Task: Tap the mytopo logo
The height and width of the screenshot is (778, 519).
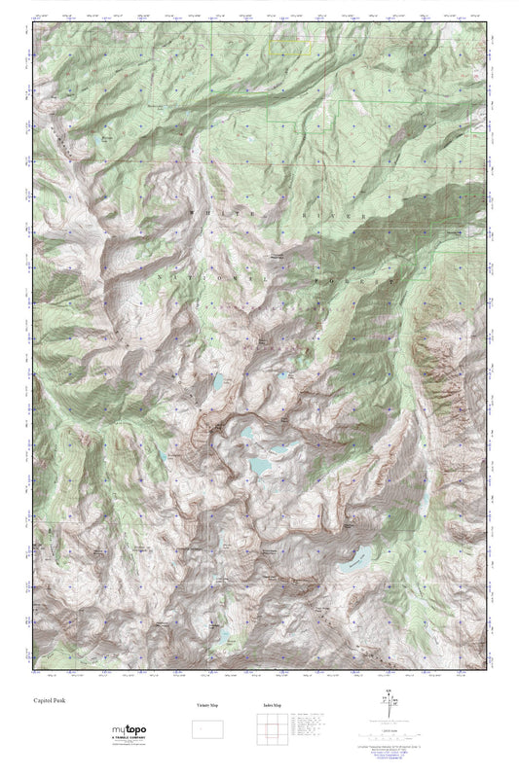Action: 126,728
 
